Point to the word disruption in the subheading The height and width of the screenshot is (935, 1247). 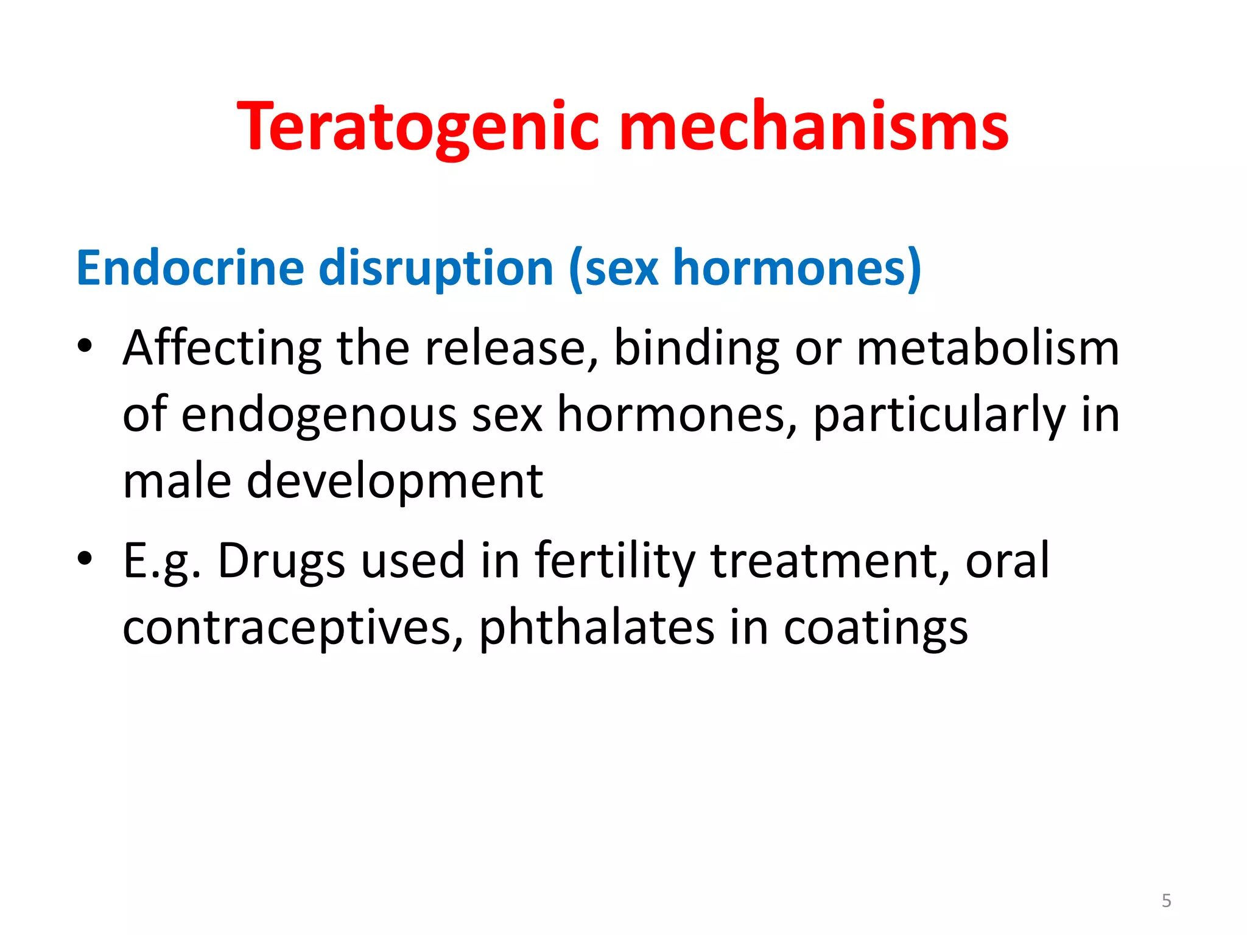[436, 268]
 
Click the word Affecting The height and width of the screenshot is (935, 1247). [222, 348]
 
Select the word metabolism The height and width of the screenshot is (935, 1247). [988, 348]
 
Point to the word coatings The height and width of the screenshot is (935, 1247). [876, 628]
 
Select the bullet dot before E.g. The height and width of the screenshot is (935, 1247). [85, 558]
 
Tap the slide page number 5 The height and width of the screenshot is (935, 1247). [1166, 900]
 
